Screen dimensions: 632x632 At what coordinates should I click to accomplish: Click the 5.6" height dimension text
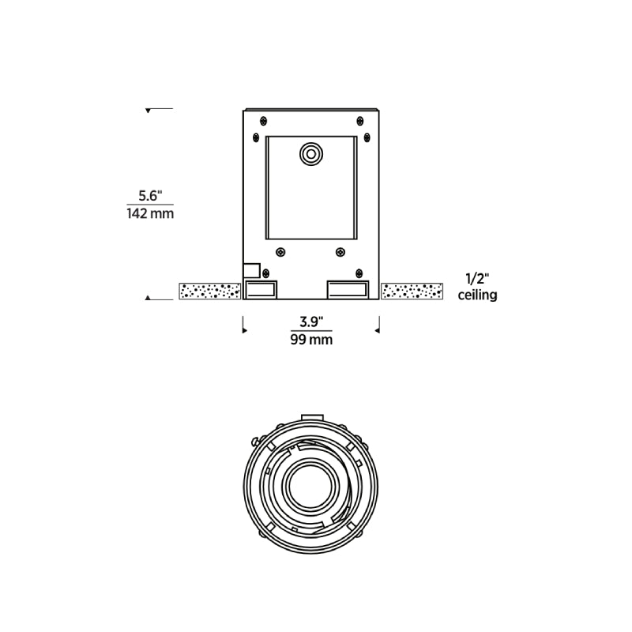tap(150, 196)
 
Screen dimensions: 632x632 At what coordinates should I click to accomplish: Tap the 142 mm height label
tap(150, 213)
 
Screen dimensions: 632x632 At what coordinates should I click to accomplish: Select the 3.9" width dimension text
tap(311, 322)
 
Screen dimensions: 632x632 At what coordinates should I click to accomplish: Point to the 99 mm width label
tap(311, 340)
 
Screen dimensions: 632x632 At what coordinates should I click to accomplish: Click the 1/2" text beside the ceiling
tap(477, 278)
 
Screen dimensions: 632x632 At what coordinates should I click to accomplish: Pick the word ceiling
tap(478, 295)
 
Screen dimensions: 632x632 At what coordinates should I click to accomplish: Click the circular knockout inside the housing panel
tap(311, 154)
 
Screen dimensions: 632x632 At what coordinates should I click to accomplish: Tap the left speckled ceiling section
tap(210, 291)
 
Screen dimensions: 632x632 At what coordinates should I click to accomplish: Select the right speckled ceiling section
tap(412, 291)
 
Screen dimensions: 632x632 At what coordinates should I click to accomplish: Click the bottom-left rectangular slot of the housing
tap(261, 290)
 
